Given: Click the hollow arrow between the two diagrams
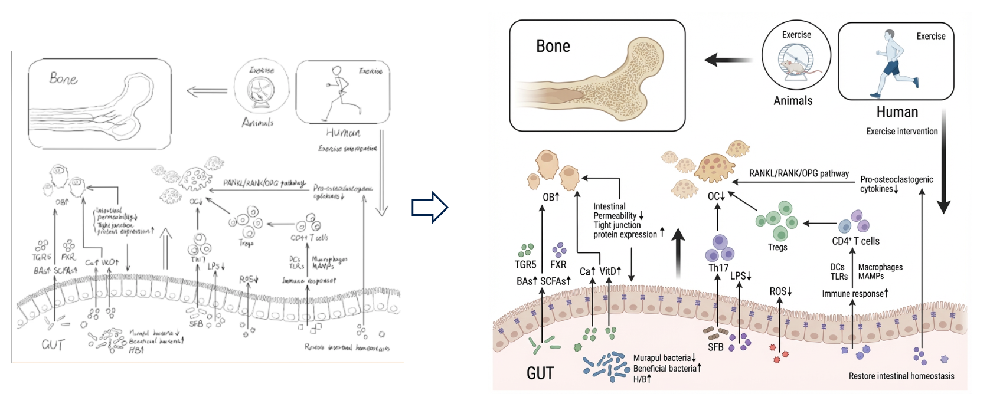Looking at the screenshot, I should point(430,207).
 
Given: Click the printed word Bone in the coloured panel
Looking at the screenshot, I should point(553,46).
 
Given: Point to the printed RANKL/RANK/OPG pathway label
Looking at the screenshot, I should point(799,173).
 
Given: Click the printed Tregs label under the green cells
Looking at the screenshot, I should point(777,247).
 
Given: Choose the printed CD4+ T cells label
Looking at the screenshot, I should point(855,241).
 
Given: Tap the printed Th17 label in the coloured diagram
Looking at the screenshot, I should point(718,268).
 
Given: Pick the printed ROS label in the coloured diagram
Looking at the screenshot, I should point(780,291).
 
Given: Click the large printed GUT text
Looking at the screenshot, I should point(540,373).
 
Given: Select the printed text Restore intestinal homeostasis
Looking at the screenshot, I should point(901,376).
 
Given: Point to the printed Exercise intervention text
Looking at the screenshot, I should point(901,132).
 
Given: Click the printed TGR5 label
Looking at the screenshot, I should point(525,265).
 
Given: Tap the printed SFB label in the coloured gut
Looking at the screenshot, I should point(715,347).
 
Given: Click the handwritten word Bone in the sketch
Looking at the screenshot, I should point(63,78).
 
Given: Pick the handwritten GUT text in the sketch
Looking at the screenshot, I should point(53,344).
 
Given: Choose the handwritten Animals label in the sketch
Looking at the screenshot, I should point(257,123).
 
